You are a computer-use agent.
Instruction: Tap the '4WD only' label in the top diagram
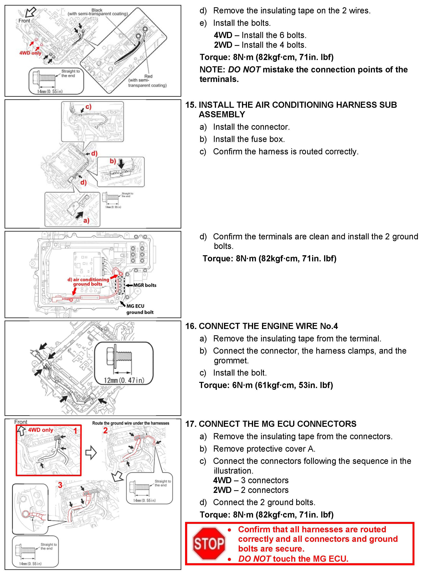pos(30,53)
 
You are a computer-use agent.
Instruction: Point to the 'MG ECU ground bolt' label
pos(140,309)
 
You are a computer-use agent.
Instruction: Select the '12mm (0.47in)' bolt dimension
pos(124,380)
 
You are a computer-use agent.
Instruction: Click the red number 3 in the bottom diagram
pos(60,485)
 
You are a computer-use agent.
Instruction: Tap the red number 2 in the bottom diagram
pos(105,430)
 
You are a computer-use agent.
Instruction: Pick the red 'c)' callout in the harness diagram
pos(88,107)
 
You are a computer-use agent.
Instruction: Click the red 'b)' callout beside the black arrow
pos(113,161)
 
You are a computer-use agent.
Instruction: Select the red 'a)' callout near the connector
pos(86,220)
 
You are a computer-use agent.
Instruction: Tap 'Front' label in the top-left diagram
pos(24,21)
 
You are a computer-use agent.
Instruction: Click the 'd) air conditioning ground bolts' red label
pos(88,282)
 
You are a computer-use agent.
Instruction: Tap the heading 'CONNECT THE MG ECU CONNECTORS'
pos(277,424)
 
